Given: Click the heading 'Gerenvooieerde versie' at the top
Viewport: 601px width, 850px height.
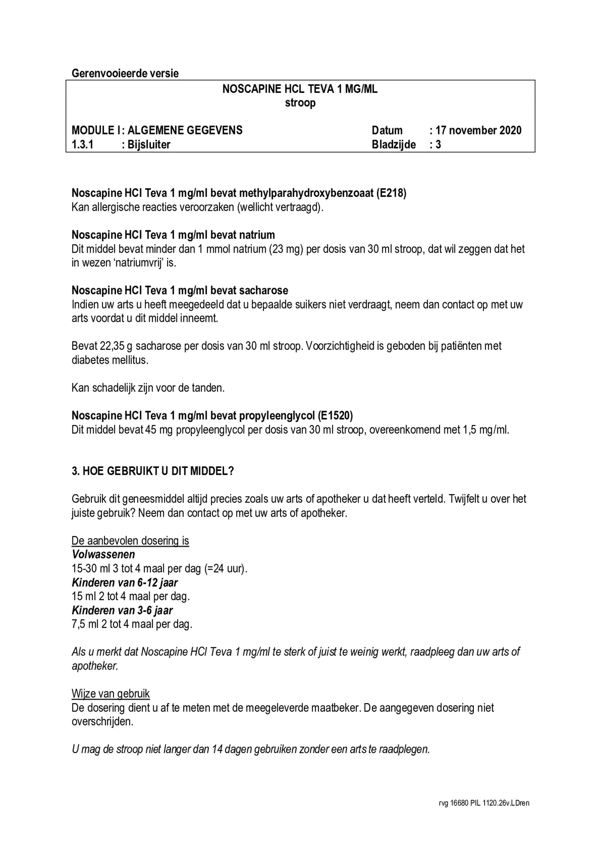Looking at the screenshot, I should tap(125, 74).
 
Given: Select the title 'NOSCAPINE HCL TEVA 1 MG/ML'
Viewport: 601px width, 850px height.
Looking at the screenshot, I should tap(300, 89).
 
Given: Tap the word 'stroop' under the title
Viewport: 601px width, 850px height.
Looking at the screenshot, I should tap(300, 103).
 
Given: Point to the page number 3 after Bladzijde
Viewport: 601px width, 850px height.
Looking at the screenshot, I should tap(438, 144).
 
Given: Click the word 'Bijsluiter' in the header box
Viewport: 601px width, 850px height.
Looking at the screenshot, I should tap(149, 144).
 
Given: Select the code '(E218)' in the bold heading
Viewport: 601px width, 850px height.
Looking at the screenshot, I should tap(391, 193).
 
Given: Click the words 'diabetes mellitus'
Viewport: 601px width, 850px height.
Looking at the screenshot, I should tap(109, 360).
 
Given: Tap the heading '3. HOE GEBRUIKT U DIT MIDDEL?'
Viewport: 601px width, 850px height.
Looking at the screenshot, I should tap(153, 471).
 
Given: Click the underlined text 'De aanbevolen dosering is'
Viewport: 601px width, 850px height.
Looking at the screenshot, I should tap(130, 541).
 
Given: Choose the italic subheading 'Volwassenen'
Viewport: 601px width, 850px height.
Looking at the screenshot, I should tap(103, 555).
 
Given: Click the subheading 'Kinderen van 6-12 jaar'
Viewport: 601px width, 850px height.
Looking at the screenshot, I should tap(125, 582).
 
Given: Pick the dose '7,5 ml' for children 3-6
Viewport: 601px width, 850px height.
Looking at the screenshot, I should tap(84, 624).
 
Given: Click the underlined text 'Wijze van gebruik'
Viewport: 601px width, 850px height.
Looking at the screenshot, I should tap(111, 693).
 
